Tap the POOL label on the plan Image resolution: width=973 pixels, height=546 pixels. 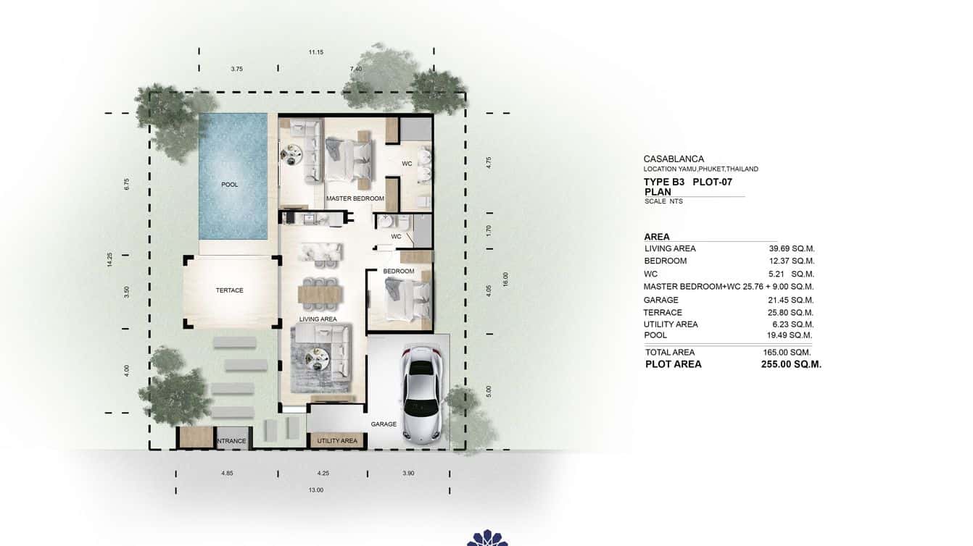coord(230,185)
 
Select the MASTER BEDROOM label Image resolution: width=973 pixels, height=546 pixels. coord(355,198)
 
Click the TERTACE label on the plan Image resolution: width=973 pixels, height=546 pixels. coord(230,290)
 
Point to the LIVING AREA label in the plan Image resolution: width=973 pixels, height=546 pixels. coord(318,319)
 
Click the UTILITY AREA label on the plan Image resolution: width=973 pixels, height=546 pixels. coord(337,440)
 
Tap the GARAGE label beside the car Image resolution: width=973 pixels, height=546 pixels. coord(384,424)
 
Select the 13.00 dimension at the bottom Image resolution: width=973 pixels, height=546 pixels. coord(316,490)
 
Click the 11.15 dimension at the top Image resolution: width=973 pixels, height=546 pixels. coord(315,52)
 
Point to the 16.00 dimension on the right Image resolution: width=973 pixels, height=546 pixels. coord(505,279)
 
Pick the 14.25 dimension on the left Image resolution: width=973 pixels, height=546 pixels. coord(109,260)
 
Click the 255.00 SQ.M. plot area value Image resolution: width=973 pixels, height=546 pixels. coord(791,365)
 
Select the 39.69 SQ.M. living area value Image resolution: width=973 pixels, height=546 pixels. coord(792,249)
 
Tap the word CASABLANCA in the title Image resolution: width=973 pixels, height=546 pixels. coord(674,159)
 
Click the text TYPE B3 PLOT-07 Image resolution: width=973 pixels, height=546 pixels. coord(687,182)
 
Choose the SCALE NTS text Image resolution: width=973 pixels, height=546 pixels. coord(663,201)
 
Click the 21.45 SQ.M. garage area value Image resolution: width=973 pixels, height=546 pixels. coord(792,300)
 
